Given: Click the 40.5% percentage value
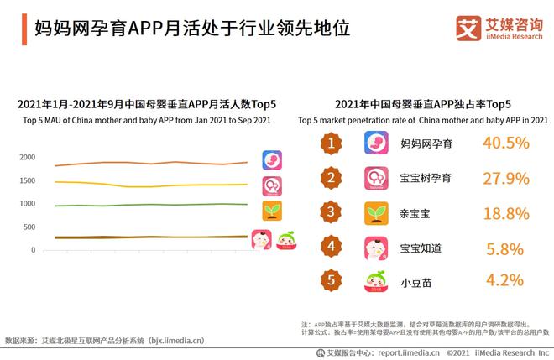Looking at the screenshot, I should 505,143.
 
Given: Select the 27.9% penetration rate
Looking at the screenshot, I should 505,178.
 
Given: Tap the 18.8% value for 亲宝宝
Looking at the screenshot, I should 505,213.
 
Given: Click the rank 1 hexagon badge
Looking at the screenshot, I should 332,143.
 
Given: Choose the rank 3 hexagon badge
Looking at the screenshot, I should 332,213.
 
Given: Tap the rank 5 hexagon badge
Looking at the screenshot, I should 332,281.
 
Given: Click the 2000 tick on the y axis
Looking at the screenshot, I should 27,158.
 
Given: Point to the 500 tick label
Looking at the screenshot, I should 29,227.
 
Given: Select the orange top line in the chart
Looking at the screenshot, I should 151,163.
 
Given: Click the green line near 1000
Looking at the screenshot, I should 151,205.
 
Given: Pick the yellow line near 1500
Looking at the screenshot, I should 151,185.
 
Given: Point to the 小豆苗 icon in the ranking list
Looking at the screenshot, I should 375,281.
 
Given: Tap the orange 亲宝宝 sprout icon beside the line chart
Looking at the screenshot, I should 272,211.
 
